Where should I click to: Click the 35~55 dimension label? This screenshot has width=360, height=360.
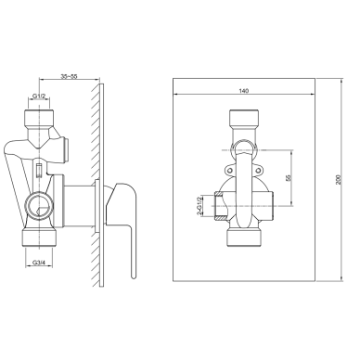click(x=69, y=76)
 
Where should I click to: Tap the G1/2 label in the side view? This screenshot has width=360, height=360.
click(x=39, y=96)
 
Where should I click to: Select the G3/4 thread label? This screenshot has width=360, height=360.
click(x=39, y=263)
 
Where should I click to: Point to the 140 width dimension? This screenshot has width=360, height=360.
click(x=244, y=91)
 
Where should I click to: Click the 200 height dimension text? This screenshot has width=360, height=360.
click(x=338, y=180)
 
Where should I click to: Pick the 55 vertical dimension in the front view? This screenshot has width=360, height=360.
click(x=289, y=178)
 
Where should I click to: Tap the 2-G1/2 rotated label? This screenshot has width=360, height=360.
click(x=199, y=205)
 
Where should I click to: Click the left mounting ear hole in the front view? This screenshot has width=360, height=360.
click(x=229, y=170)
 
